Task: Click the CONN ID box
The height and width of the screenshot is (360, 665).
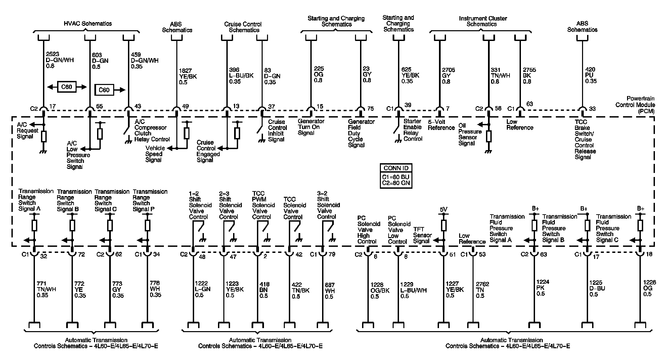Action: click(x=396, y=176)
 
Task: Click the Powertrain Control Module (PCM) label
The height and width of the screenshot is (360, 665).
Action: click(x=635, y=104)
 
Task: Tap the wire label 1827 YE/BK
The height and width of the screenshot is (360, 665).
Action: click(x=188, y=76)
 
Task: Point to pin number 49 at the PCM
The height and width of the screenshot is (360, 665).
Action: click(x=185, y=107)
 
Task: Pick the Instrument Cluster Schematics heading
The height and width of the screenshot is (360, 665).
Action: click(x=483, y=21)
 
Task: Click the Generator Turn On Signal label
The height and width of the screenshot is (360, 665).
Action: click(x=311, y=127)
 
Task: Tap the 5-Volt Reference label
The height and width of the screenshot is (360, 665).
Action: click(x=441, y=125)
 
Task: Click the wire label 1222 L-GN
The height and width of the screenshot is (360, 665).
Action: click(x=203, y=289)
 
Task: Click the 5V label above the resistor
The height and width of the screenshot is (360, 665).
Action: click(x=443, y=210)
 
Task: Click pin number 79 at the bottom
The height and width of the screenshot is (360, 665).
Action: click(x=332, y=254)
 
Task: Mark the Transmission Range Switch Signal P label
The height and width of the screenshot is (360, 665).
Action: click(x=150, y=200)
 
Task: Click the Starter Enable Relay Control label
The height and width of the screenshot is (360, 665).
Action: click(x=412, y=130)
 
